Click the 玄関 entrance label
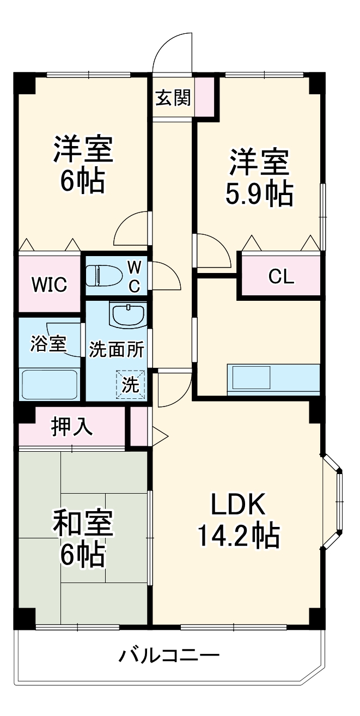click(x=173, y=98)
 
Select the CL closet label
click(x=281, y=277)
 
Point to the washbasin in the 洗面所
click(x=127, y=314)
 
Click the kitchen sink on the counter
click(x=251, y=377)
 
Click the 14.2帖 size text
click(x=237, y=536)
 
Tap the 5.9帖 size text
click(x=259, y=193)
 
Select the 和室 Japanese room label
click(x=83, y=524)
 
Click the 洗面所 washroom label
click(x=117, y=349)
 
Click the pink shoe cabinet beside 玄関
click(x=205, y=97)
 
